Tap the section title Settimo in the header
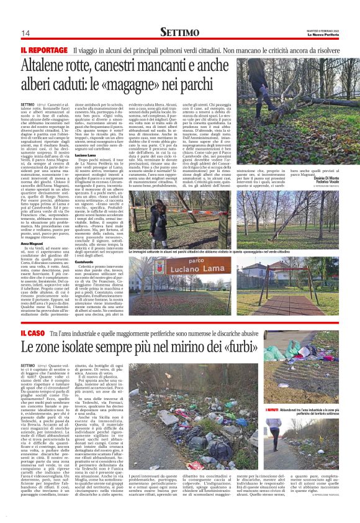point(180,32)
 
